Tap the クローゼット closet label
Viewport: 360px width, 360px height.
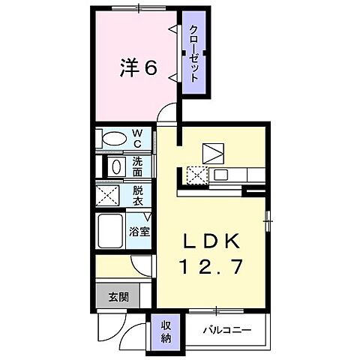(194, 54)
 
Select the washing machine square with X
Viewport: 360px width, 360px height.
(108, 196)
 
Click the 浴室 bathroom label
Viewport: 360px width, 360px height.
(139, 231)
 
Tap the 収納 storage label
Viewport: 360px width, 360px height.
(166, 330)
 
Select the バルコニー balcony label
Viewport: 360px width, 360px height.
(226, 330)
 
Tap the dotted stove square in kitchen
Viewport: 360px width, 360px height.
(197, 175)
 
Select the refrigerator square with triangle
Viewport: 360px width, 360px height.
(214, 153)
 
